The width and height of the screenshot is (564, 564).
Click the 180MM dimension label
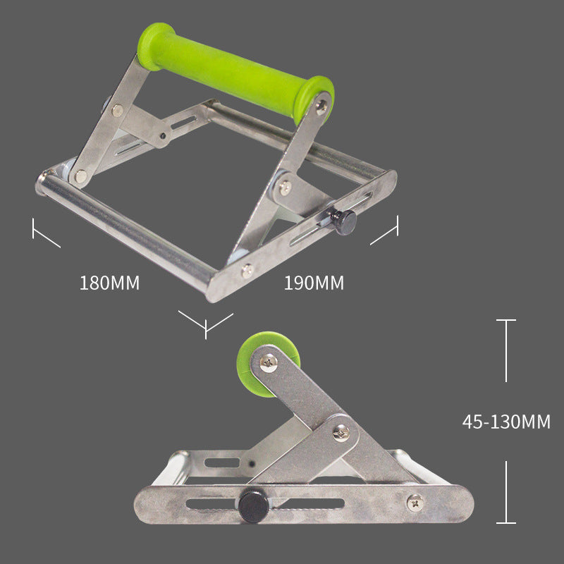[109, 283]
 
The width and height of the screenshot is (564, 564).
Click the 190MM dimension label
[314, 283]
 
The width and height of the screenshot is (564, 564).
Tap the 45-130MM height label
[506, 422]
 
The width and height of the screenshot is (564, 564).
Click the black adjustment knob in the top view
[344, 222]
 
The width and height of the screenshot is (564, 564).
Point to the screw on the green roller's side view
[269, 362]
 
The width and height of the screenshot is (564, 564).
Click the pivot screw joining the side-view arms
[341, 433]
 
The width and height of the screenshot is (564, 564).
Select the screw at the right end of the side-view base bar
[416, 503]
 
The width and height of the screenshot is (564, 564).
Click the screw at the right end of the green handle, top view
[321, 106]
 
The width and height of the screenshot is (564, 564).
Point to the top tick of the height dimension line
[505, 321]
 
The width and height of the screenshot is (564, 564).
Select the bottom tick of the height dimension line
[505, 522]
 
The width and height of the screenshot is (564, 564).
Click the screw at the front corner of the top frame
[246, 269]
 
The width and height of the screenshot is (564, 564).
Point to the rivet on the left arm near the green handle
[117, 110]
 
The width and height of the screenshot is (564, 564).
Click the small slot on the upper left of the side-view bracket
[223, 463]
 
